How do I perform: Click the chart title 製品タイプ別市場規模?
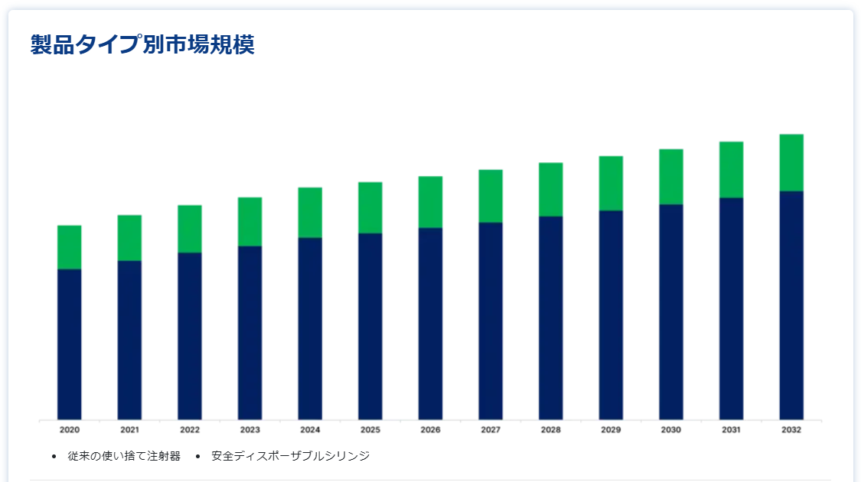click(142, 45)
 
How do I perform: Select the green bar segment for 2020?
click(70, 247)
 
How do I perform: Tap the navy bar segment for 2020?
click(70, 344)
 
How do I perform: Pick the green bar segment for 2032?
click(791, 162)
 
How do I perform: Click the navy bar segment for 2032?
click(791, 305)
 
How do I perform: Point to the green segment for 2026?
click(430, 202)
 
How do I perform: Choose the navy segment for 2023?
click(250, 333)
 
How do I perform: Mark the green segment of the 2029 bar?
click(611, 183)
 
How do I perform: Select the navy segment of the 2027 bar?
click(491, 321)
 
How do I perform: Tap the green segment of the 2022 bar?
click(190, 229)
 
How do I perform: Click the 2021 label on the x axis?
click(129, 430)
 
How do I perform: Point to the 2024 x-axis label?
click(310, 430)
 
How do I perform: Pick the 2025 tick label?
click(370, 430)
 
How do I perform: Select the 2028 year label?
click(550, 430)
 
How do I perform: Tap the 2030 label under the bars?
click(671, 430)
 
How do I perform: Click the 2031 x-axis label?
click(731, 430)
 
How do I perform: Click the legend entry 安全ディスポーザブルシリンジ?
click(290, 456)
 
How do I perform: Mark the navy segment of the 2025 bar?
click(370, 327)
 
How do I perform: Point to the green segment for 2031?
click(731, 170)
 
